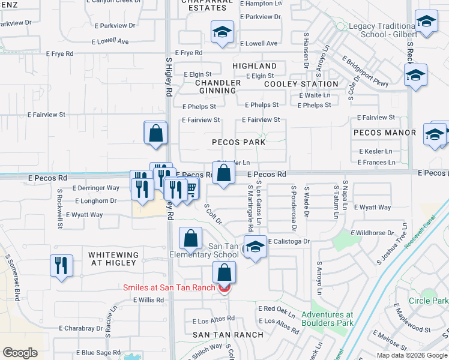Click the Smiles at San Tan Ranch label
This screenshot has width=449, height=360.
pyautogui.click(x=169, y=287)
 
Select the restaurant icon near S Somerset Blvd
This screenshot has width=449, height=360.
pyautogui.click(x=62, y=265)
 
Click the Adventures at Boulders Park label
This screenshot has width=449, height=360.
pyautogui.click(x=327, y=319)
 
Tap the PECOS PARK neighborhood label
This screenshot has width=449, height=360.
pyautogui.click(x=238, y=143)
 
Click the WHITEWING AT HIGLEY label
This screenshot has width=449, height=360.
pyautogui.click(x=113, y=259)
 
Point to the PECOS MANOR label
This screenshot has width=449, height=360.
pyautogui.click(x=385, y=133)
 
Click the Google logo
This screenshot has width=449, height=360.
pyautogui.click(x=20, y=353)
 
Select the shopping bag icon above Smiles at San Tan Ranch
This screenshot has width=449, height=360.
pyautogui.click(x=224, y=273)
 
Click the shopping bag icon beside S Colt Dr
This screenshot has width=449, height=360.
pyautogui.click(x=190, y=238)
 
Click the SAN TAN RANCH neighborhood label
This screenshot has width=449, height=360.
pyautogui.click(x=228, y=335)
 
